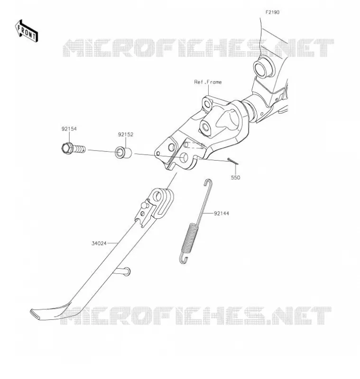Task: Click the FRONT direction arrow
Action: coord(27,31)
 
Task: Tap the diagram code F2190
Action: coord(272,12)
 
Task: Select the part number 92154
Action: coord(69,129)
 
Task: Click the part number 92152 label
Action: coord(126,135)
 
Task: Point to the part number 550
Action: coord(235,178)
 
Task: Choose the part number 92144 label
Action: coord(222,214)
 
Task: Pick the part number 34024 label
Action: coord(99,244)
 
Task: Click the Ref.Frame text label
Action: coord(208,82)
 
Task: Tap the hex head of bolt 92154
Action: coord(66,148)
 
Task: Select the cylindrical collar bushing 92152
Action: coord(123,152)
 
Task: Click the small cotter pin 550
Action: coord(233,161)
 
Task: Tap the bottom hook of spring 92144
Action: coord(184,259)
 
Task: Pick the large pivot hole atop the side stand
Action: coord(158,196)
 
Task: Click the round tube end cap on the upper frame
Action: coord(263,67)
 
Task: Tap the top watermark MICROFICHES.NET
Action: coord(198,48)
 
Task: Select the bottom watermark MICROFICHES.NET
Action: coord(196,316)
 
